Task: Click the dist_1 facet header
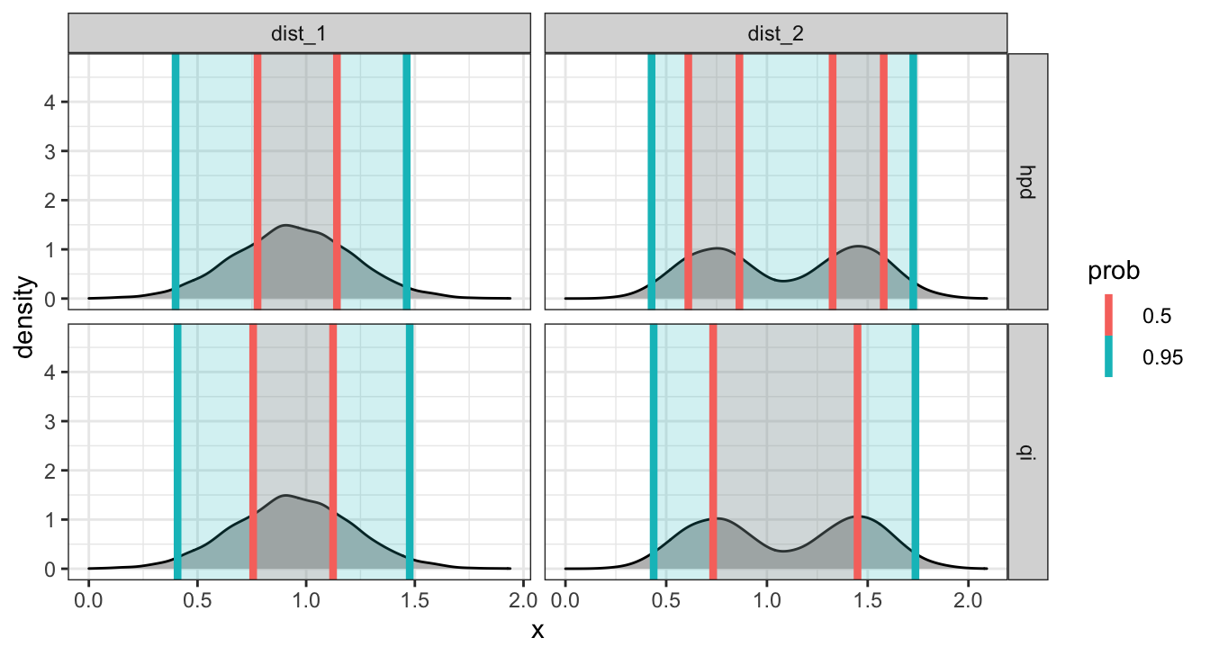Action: click(299, 35)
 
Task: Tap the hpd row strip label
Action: click(1027, 181)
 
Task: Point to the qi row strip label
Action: click(1027, 451)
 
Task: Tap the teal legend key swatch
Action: click(1108, 357)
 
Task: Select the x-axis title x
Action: click(537, 631)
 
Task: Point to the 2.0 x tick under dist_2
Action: click(968, 598)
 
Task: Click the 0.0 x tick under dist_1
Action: click(88, 598)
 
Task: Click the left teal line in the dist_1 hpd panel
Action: click(176, 180)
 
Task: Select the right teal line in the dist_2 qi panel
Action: click(916, 450)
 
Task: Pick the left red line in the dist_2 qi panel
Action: click(713, 450)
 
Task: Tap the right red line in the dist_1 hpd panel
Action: click(337, 180)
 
